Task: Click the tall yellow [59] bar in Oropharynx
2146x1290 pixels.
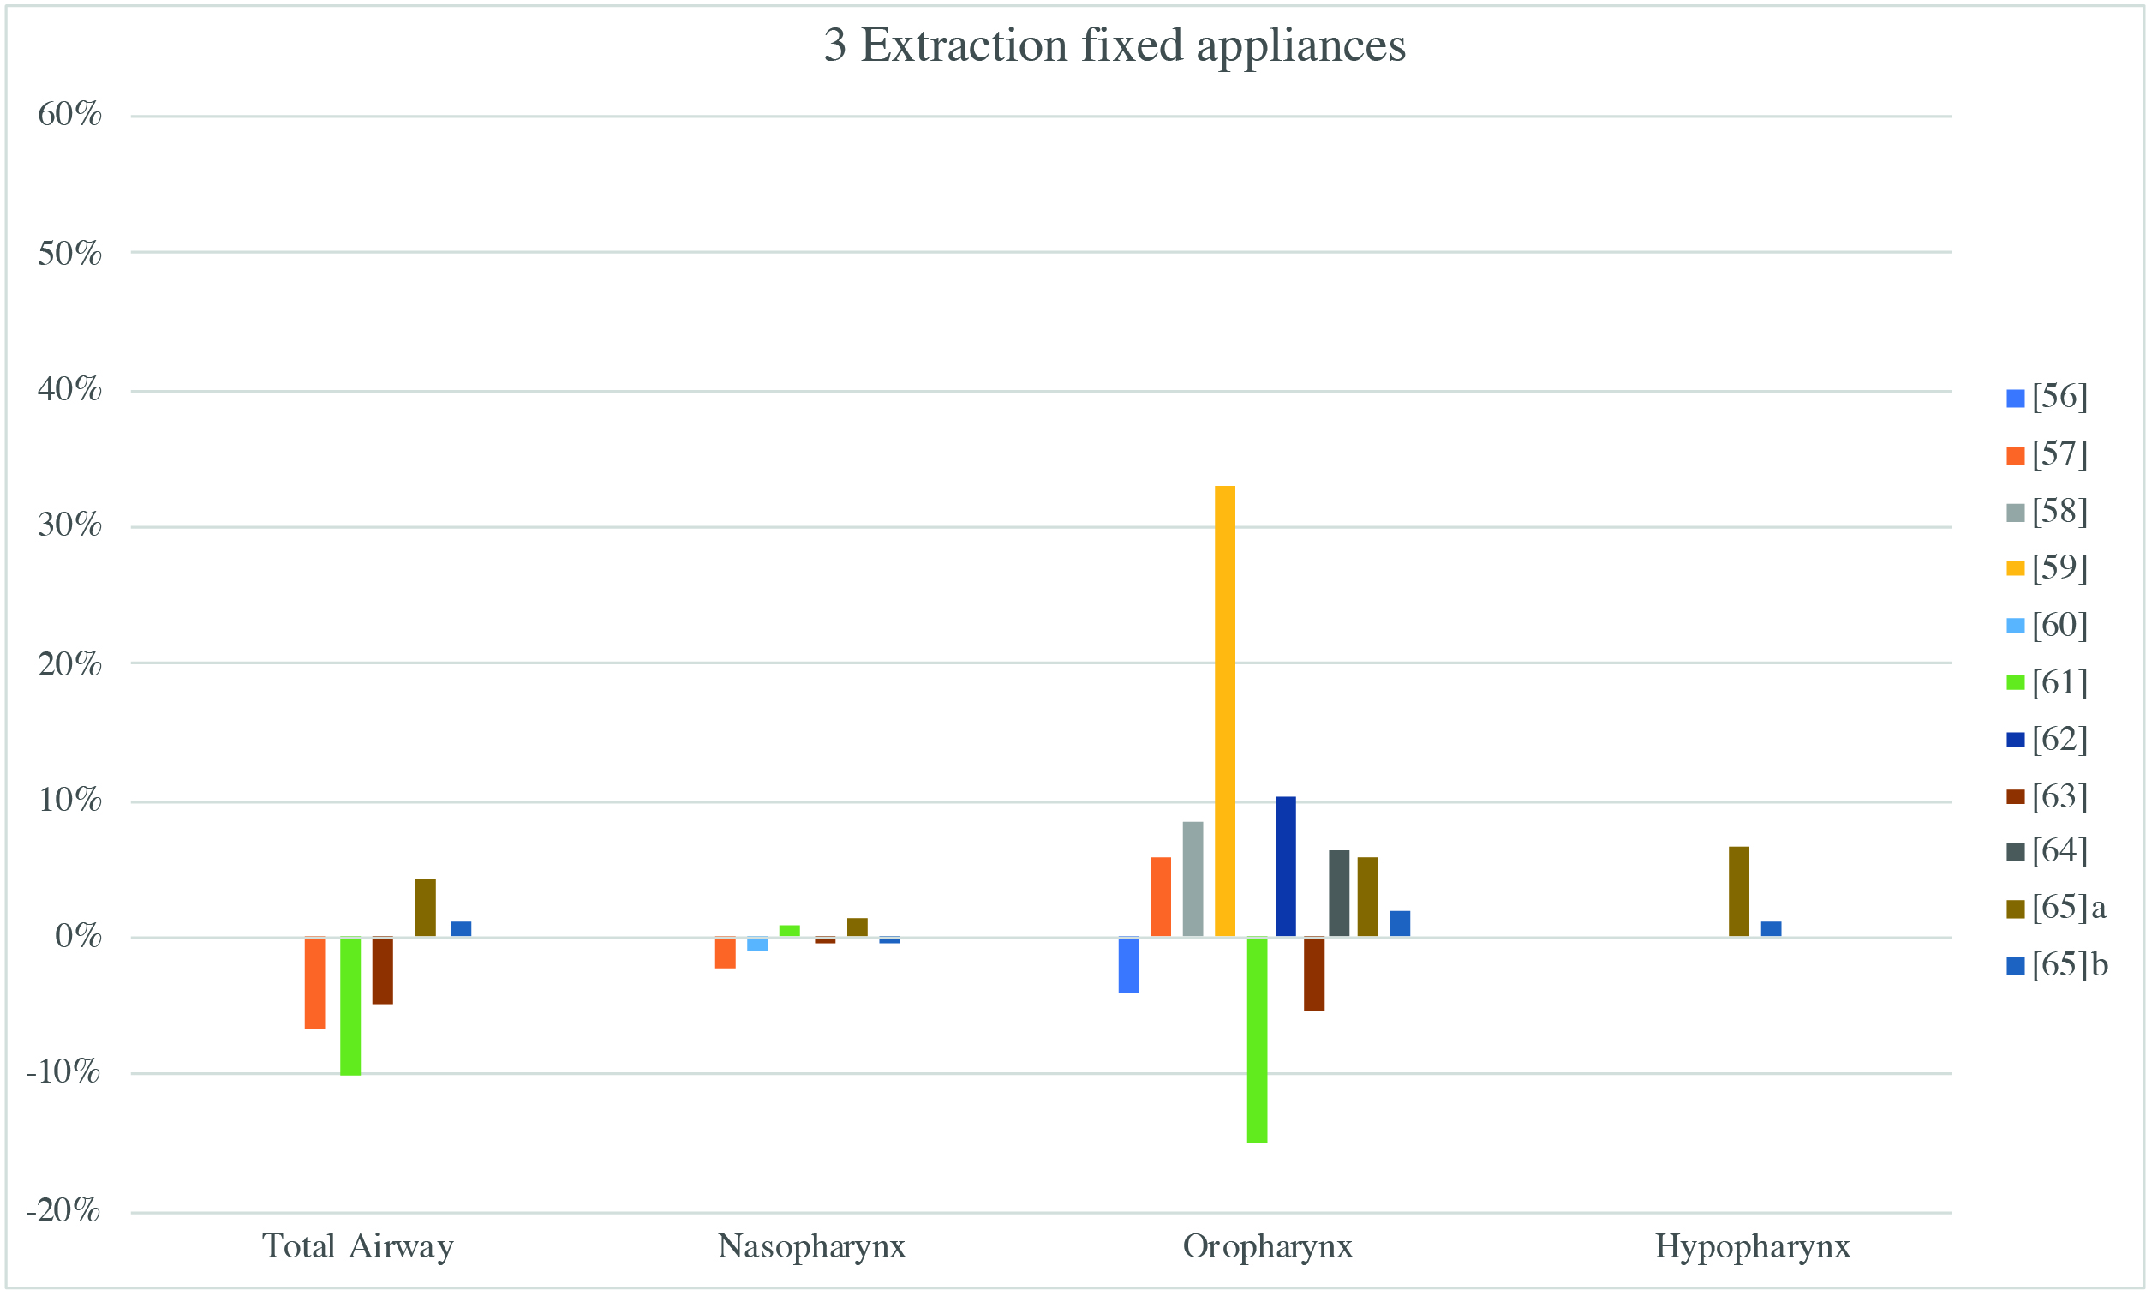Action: pyautogui.click(x=1224, y=711)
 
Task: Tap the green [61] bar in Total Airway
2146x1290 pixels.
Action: pyautogui.click(x=350, y=1006)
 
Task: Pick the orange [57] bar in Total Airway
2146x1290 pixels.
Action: pyautogui.click(x=314, y=983)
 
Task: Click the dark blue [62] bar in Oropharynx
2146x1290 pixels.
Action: pyautogui.click(x=1285, y=867)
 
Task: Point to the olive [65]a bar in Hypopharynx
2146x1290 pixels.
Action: pyautogui.click(x=1738, y=892)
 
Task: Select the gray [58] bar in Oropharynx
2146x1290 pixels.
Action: pyautogui.click(x=1193, y=879)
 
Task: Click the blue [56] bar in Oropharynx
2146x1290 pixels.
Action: pyautogui.click(x=1128, y=965)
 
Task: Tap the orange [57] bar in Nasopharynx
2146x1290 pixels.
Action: pyautogui.click(x=726, y=953)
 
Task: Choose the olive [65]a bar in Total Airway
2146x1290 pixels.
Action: pyautogui.click(x=426, y=908)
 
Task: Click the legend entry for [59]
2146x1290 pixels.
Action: pyautogui.click(x=2047, y=567)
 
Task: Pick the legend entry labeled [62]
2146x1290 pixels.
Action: pyautogui.click(x=2047, y=739)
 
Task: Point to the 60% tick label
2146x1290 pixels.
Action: pyautogui.click(x=69, y=114)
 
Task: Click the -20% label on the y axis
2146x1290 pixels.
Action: pyautogui.click(x=63, y=1210)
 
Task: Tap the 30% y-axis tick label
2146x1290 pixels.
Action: pyautogui.click(x=69, y=525)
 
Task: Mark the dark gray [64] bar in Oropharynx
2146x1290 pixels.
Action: pyautogui.click(x=1339, y=894)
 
